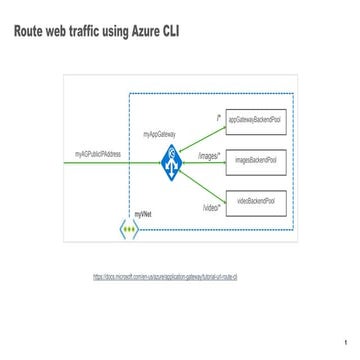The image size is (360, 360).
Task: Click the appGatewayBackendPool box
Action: (x=256, y=122)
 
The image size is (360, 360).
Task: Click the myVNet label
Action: (x=142, y=216)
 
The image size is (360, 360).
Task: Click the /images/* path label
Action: (x=209, y=156)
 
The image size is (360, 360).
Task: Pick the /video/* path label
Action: (x=211, y=207)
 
